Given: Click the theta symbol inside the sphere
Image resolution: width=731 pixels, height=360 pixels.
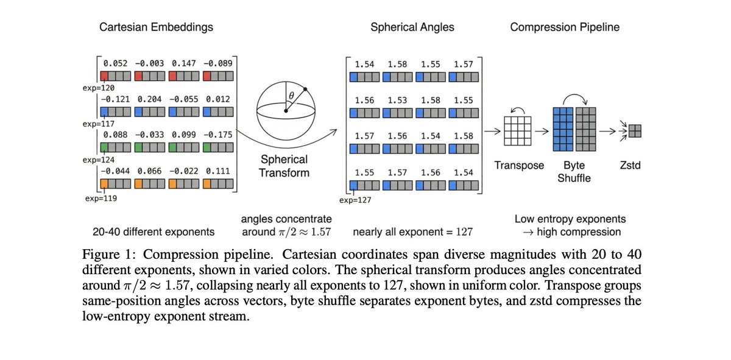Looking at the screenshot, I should (x=291, y=95).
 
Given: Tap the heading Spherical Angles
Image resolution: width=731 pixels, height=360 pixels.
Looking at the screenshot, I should (x=412, y=27).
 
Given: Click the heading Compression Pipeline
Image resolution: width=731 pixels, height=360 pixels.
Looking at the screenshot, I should (x=565, y=27).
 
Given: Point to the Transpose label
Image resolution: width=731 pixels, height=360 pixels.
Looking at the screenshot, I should (x=519, y=166).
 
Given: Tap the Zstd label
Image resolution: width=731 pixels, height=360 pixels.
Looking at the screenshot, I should (x=629, y=166).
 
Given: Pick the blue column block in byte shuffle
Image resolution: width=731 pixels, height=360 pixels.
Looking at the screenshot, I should (x=562, y=129).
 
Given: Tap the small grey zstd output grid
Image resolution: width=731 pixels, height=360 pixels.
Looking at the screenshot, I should (x=635, y=131).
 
